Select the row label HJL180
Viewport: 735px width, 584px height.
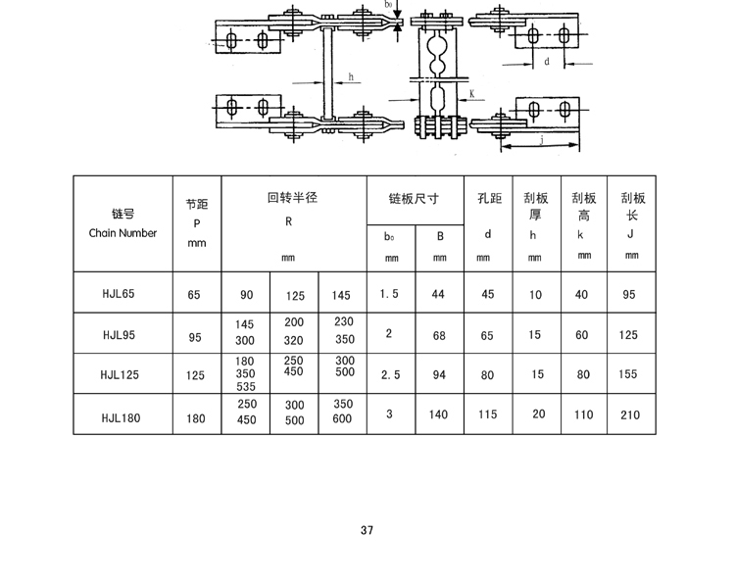122,415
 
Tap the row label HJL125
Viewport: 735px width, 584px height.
122,374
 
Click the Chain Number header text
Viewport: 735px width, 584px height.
122,233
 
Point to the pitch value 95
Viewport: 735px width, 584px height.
194,337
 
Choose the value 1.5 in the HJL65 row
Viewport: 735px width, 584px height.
389,294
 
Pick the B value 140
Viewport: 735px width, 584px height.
438,414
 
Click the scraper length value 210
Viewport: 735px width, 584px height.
629,414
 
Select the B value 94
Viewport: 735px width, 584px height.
439,374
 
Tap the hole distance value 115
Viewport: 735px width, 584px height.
487,414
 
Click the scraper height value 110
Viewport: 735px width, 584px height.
584,414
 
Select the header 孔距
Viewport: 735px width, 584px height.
487,198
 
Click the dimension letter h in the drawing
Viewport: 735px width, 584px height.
350,75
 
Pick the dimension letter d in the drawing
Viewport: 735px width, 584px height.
546,62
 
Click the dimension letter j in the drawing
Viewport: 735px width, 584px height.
541,139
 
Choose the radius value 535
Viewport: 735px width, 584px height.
246,387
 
